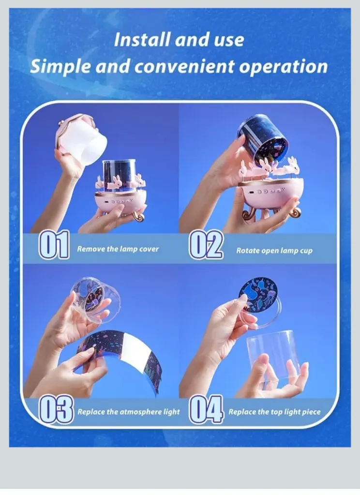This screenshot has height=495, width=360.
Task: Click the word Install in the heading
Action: click(x=142, y=40)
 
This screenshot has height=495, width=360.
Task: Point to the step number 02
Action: click(x=206, y=245)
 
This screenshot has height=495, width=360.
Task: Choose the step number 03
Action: click(x=56, y=409)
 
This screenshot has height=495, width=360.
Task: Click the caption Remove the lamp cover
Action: click(x=118, y=249)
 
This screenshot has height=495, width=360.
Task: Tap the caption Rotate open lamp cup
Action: click(x=274, y=251)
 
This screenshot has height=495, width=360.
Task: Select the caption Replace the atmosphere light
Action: click(x=129, y=412)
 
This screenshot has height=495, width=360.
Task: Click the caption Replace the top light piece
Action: click(x=274, y=412)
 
